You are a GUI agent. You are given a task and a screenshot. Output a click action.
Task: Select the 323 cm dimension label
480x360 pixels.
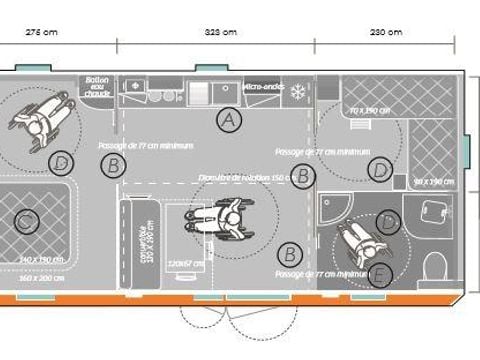coord(219,32)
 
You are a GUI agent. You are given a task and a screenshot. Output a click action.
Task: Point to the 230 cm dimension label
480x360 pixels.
coord(384,32)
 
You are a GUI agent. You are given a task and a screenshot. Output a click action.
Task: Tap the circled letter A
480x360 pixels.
coord(230,120)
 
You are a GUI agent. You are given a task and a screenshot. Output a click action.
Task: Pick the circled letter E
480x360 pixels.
coord(380,274)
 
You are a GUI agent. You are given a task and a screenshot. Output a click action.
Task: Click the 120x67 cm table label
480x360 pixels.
coord(188,263)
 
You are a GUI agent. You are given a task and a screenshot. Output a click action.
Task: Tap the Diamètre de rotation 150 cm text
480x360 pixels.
coord(250,178)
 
